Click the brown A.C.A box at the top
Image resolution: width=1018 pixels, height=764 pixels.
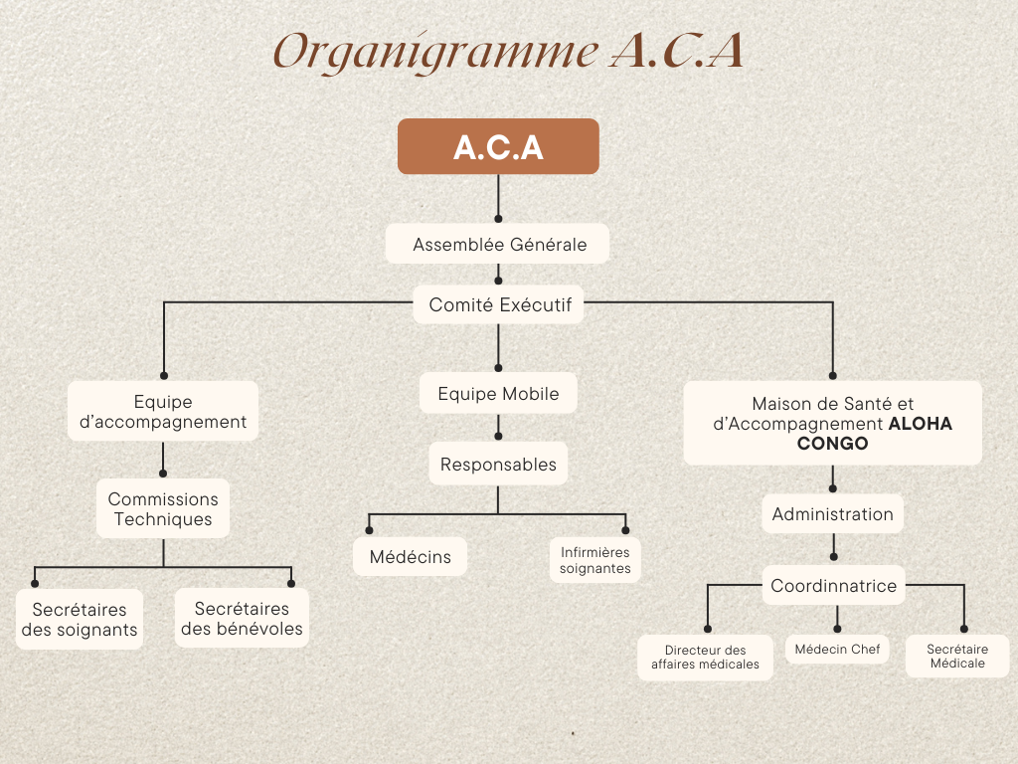click(x=498, y=146)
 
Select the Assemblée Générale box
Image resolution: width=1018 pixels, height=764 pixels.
click(x=498, y=244)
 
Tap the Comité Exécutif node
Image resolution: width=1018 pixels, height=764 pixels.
click(x=499, y=305)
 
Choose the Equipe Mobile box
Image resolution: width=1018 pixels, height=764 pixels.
click(x=498, y=394)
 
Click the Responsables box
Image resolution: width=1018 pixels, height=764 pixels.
click(x=498, y=465)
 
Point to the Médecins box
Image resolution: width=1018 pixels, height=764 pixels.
click(x=410, y=557)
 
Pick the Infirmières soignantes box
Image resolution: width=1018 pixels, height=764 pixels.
click(x=594, y=560)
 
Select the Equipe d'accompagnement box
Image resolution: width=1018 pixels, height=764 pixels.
click(x=163, y=411)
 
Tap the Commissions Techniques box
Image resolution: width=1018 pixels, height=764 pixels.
click(x=163, y=509)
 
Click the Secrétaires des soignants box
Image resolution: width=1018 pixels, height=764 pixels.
click(x=79, y=620)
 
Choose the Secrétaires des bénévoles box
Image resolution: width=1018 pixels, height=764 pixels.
click(x=242, y=619)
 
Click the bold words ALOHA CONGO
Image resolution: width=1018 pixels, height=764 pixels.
click(x=875, y=433)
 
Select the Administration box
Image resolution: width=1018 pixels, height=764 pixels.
click(x=832, y=514)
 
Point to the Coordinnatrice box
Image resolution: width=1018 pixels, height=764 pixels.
click(x=833, y=586)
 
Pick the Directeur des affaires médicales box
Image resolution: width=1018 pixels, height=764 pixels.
click(x=705, y=658)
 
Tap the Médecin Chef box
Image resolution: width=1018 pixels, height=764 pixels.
click(x=837, y=650)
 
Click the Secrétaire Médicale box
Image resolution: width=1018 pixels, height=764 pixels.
click(x=956, y=657)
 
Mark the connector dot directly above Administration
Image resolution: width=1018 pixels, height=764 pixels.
click(x=833, y=487)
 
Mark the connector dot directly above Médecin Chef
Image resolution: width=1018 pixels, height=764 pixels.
click(x=837, y=629)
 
